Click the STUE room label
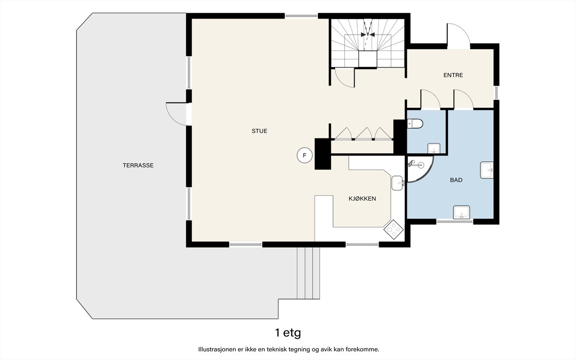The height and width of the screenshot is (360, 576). click(x=260, y=131)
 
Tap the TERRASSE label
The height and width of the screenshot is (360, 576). click(x=138, y=165)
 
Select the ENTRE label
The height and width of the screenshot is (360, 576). click(x=453, y=75)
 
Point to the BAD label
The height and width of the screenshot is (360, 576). click(x=456, y=180)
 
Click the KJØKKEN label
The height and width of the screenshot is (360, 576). click(x=362, y=198)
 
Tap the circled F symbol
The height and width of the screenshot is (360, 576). click(x=305, y=155)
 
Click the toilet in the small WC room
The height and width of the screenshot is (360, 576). click(x=415, y=124)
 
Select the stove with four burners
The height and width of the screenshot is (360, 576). click(x=393, y=229)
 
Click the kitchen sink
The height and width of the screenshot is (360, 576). click(x=398, y=183)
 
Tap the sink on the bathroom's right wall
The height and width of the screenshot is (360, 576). click(x=487, y=170)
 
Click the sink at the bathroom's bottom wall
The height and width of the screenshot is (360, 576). click(x=461, y=212)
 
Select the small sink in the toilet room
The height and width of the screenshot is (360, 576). click(x=434, y=148)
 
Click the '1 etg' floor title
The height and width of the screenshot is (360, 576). click(x=288, y=333)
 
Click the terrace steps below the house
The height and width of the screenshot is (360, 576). click(x=308, y=273)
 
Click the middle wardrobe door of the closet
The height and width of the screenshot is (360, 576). click(x=364, y=134)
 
